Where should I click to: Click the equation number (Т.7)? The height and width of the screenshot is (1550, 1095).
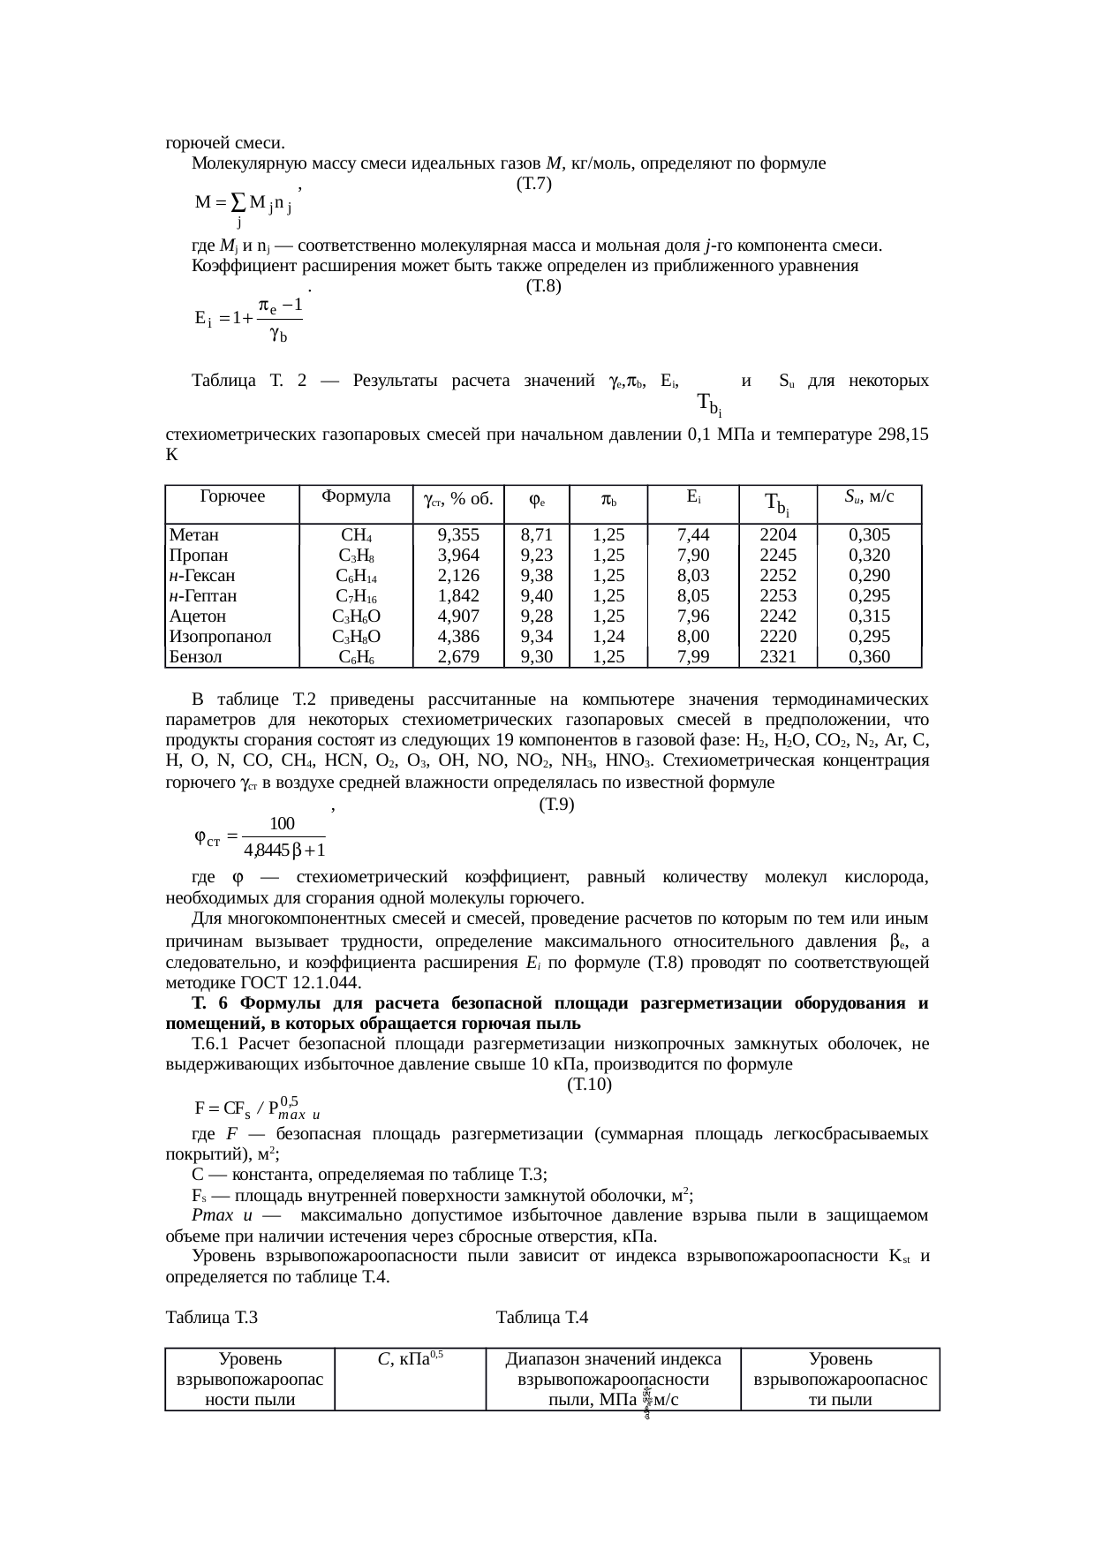534,184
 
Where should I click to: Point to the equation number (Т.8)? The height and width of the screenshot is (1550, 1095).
543,286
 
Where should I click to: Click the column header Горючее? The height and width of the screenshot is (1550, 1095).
232,496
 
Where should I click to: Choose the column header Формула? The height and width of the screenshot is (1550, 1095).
356,496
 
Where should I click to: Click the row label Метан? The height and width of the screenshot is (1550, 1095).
194,534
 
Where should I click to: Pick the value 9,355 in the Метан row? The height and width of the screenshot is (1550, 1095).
458,534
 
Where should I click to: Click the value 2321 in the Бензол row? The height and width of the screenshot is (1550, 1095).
778,656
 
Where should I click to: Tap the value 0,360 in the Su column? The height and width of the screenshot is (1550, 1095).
869,656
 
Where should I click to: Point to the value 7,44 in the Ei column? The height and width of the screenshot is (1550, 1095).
693,534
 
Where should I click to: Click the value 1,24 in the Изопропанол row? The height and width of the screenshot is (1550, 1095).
608,636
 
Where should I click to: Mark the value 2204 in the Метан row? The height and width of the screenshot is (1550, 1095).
778,534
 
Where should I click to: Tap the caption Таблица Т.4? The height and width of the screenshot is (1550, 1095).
542,1318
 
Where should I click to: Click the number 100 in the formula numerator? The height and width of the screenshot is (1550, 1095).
282,823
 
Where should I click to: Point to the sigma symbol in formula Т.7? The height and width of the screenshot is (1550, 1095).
238,202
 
